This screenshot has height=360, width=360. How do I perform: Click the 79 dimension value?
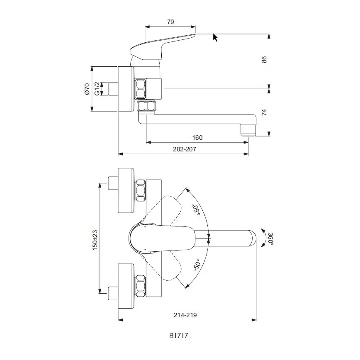pos(170,22)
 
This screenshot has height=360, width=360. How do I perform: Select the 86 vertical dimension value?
pos(264,60)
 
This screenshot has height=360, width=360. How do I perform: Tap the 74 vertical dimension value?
pos(264,112)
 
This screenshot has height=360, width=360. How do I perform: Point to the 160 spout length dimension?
pos(197,138)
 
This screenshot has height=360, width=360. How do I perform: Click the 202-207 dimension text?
pos(184,149)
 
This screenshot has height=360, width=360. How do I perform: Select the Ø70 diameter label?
pos(87,89)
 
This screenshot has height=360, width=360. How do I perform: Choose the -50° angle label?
pos(196,266)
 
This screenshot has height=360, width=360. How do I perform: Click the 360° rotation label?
pos(270,238)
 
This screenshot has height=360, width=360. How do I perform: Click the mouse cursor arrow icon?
pos(215,38)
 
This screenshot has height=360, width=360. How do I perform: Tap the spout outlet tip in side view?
pos(248,131)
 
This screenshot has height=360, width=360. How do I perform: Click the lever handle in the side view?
pos(162,45)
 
